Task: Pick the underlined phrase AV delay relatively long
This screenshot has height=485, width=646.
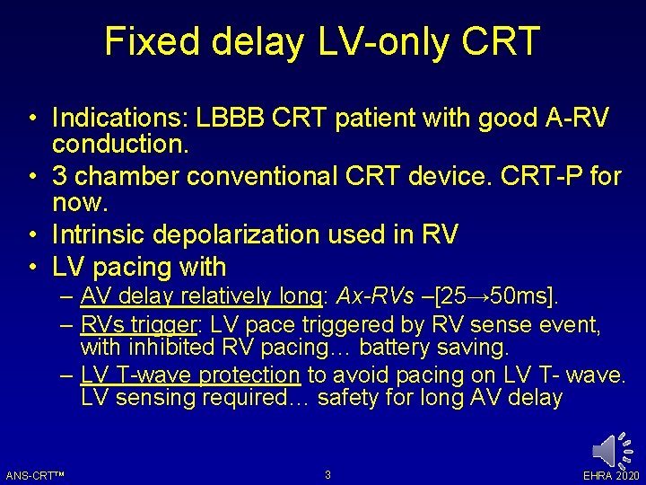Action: pyautogui.click(x=202, y=295)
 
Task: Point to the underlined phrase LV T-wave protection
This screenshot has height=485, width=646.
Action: pyautogui.click(x=190, y=375)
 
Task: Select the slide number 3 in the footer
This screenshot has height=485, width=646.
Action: pyautogui.click(x=327, y=474)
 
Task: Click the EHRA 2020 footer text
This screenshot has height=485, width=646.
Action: pyautogui.click(x=610, y=474)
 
